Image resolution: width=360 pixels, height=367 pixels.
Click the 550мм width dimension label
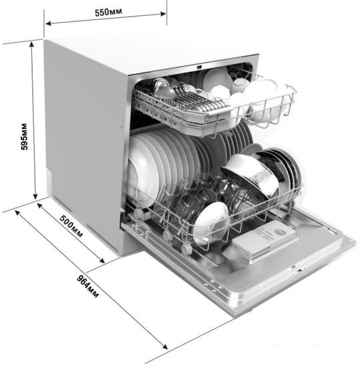[x=108, y=12]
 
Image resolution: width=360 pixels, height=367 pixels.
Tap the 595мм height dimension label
[x=24, y=136]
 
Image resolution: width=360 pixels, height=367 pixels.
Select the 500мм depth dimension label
[x=71, y=226]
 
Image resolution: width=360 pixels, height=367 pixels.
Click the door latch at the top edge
[x=199, y=67]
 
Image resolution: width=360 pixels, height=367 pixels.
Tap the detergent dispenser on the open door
[x=264, y=240]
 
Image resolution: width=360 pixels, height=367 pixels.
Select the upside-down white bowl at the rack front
[x=210, y=223]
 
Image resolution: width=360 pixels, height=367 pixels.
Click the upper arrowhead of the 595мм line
[x=32, y=44]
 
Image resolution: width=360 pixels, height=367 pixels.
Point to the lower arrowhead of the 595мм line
[x=35, y=196]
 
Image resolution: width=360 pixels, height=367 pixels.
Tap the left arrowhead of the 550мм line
[x=48, y=23]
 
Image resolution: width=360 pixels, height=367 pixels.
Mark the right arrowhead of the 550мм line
[x=163, y=14]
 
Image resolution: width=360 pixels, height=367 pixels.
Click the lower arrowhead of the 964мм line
[x=165, y=346]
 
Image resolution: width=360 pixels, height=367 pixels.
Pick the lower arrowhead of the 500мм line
[x=102, y=260]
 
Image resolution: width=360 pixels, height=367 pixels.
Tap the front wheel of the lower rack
[x=186, y=249]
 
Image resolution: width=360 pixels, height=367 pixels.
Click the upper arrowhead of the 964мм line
[x=17, y=212]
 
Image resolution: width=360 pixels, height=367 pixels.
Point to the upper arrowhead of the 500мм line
[x=40, y=206]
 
